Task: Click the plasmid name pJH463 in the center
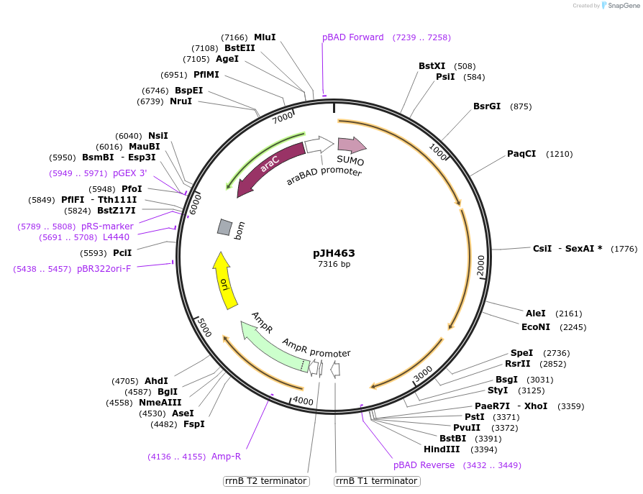click(x=334, y=253)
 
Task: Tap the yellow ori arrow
click(x=224, y=280)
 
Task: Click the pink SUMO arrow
click(x=351, y=145)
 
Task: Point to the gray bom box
click(x=225, y=227)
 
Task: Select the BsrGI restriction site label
click(x=487, y=106)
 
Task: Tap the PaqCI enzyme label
click(x=521, y=154)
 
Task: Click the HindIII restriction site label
click(x=442, y=449)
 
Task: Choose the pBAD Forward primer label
click(x=353, y=37)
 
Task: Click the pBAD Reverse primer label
click(x=424, y=465)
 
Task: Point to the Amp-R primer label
click(x=226, y=457)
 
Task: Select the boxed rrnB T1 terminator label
click(x=376, y=481)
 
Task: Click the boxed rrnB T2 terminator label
click(x=266, y=481)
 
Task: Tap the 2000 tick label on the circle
click(x=481, y=264)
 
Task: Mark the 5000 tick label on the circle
click(x=205, y=329)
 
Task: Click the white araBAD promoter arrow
click(x=319, y=145)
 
